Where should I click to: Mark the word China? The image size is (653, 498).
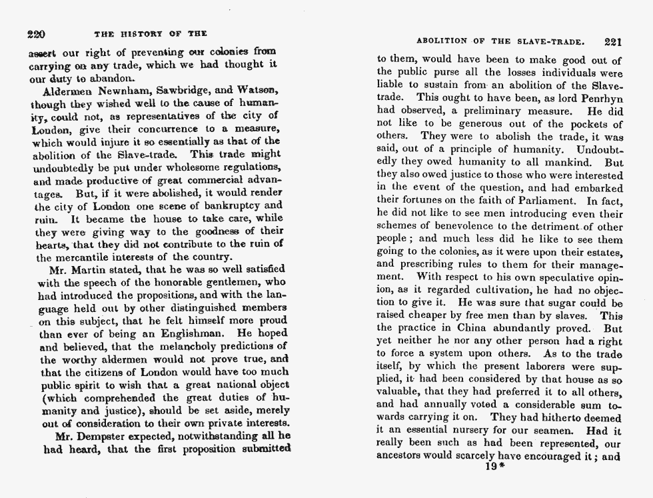coord(492,328)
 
